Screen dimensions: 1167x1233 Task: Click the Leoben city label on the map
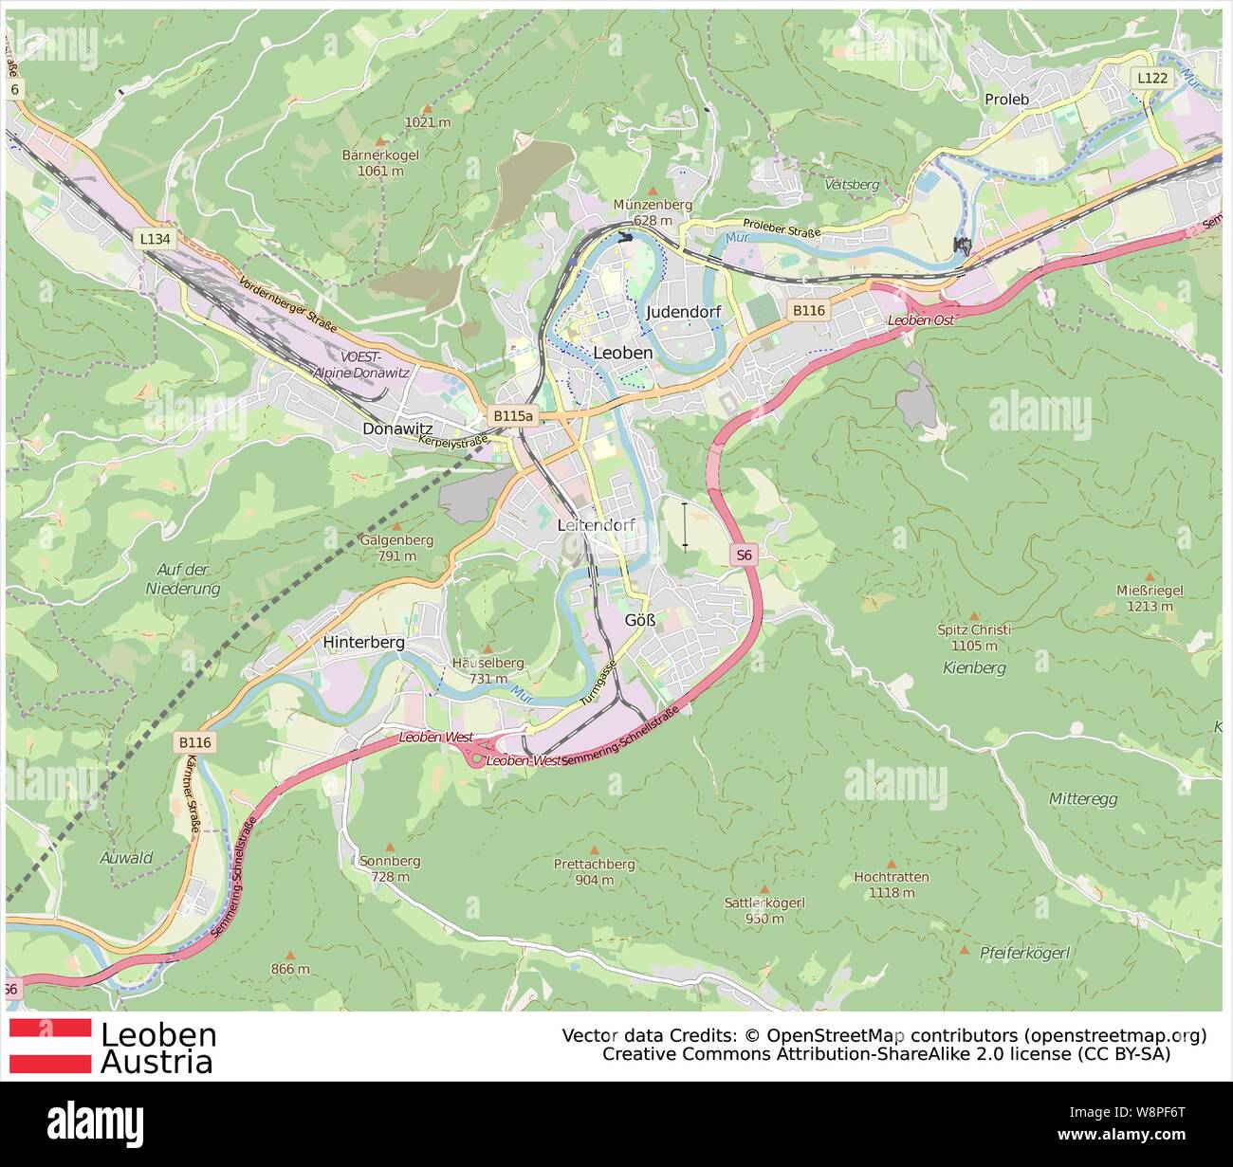(622, 353)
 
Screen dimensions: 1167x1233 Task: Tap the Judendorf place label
(683, 312)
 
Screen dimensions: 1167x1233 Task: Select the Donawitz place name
(397, 429)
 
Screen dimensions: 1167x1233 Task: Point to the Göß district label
(640, 620)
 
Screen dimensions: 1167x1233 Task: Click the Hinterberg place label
(363, 642)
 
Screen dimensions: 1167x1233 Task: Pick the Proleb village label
(1006, 99)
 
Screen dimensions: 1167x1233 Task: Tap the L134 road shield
(156, 239)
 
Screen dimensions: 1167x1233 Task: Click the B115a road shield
(513, 415)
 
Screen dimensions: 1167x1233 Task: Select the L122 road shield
(1152, 78)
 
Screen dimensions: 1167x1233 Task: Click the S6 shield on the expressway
(744, 555)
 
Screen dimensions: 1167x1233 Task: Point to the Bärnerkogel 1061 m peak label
(380, 162)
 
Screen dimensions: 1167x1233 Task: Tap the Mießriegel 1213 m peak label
(1150, 597)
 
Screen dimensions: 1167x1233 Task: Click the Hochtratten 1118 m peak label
(891, 884)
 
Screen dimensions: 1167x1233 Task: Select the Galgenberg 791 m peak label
(396, 547)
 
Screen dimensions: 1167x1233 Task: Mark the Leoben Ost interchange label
(920, 320)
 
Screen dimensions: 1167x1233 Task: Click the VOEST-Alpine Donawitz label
(361, 365)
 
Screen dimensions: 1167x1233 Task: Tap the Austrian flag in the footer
(50, 1047)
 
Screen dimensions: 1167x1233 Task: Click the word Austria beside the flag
(156, 1062)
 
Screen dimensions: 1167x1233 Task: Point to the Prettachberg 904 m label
(595, 871)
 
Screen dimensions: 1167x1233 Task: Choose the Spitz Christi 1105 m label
(973, 636)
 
